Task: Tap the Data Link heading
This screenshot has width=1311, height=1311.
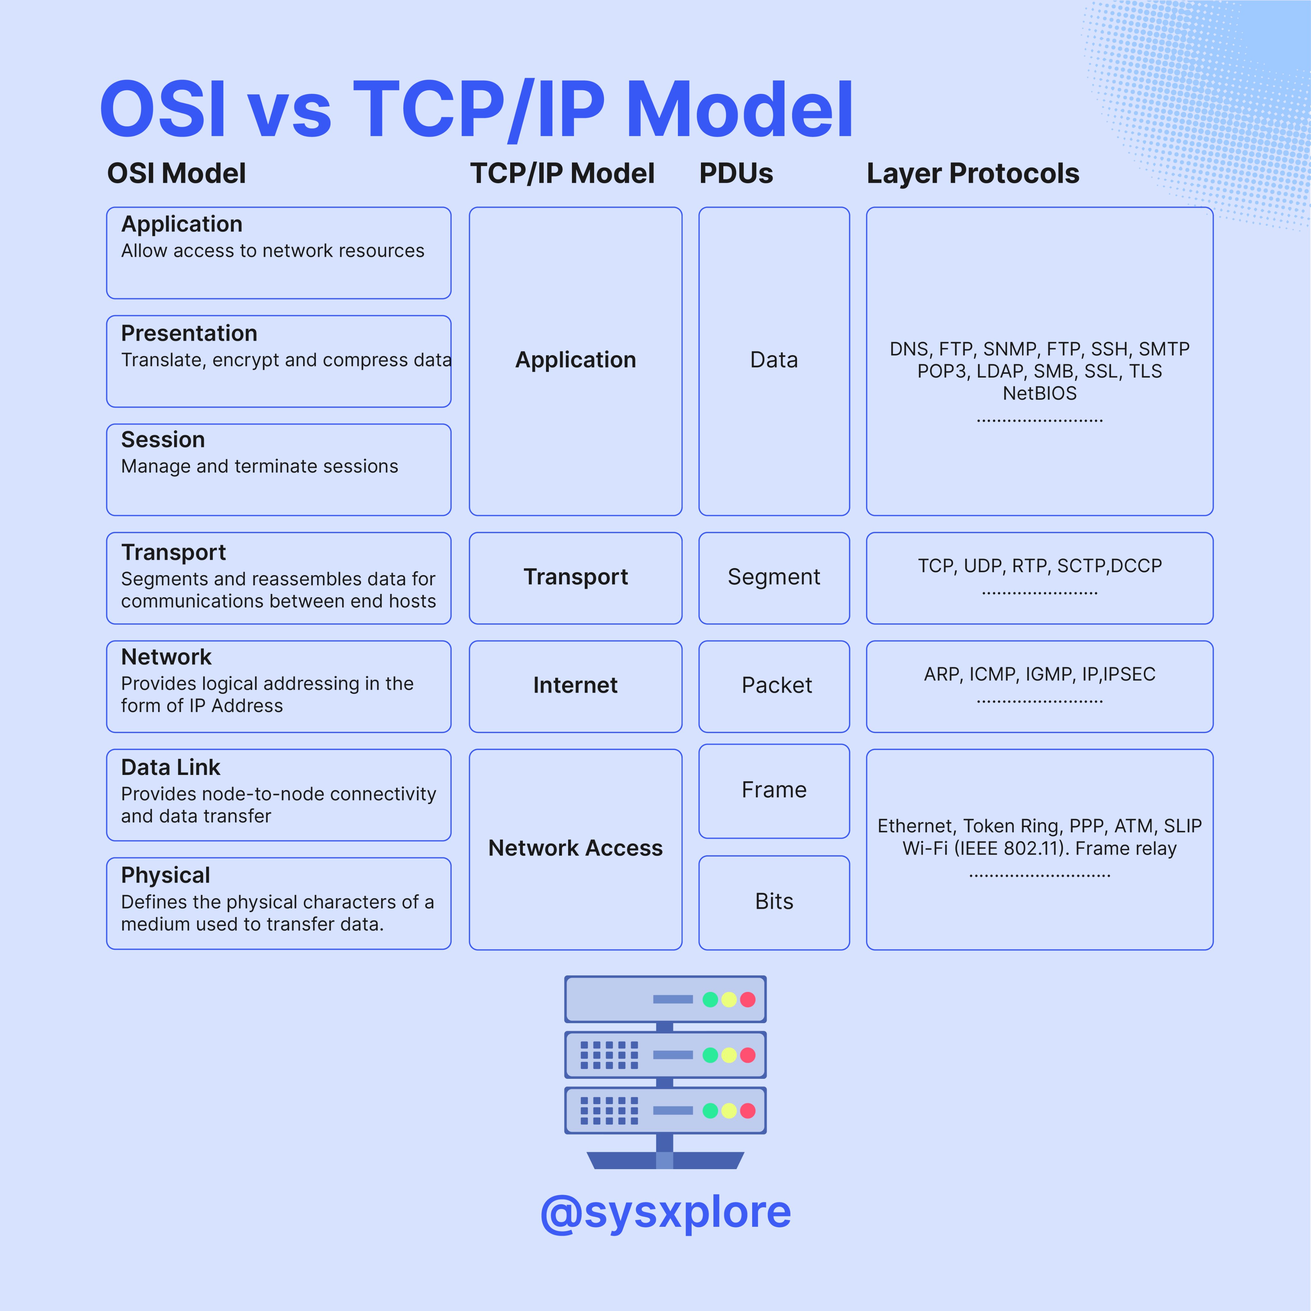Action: pyautogui.click(x=170, y=767)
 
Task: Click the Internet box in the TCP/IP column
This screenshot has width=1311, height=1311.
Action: pyautogui.click(x=575, y=686)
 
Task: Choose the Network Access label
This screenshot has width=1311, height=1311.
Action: pyautogui.click(x=575, y=848)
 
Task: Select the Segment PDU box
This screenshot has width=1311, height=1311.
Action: pyautogui.click(x=774, y=578)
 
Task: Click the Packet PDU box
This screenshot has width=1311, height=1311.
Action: pyautogui.click(x=774, y=686)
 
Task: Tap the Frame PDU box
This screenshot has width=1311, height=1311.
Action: pyautogui.click(x=774, y=791)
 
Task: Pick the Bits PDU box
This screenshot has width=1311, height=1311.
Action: pyautogui.click(x=774, y=902)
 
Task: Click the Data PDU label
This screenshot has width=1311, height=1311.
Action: pyautogui.click(x=774, y=360)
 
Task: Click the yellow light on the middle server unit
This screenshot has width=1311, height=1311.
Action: pyautogui.click(x=729, y=1055)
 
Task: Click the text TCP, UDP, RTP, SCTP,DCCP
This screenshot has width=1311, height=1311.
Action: pyautogui.click(x=1040, y=566)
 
